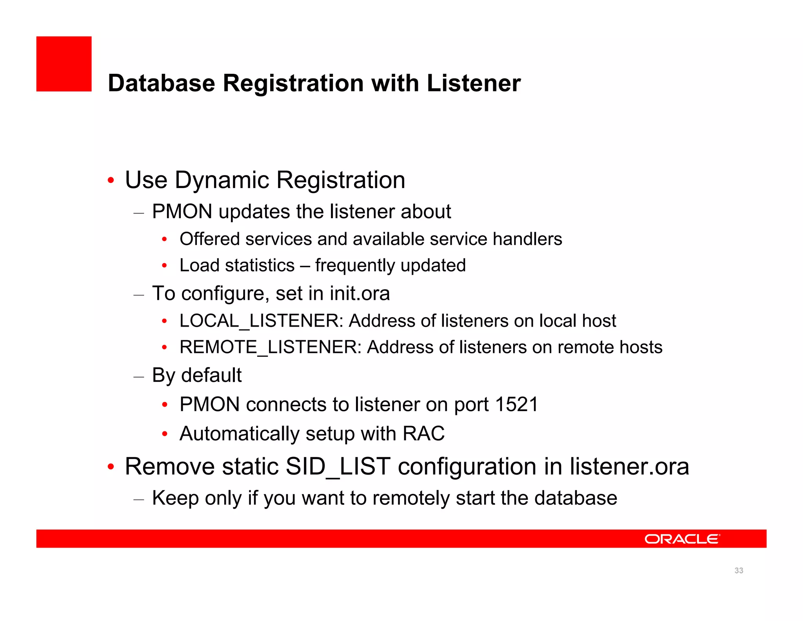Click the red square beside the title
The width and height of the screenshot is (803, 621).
(x=64, y=64)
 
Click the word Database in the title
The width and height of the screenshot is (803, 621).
(x=162, y=83)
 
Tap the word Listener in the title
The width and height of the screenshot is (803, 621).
(x=474, y=83)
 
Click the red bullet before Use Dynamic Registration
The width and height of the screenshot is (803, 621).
(x=111, y=181)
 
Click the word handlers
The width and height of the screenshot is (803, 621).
(x=527, y=239)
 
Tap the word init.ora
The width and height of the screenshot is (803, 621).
(x=360, y=294)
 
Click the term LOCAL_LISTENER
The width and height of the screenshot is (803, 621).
(x=259, y=321)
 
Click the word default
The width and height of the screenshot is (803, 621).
(x=211, y=375)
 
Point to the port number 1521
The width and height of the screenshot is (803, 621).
(x=516, y=405)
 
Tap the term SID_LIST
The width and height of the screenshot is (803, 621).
(x=338, y=467)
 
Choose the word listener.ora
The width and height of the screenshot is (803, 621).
(x=629, y=467)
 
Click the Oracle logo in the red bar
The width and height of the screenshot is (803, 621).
(x=682, y=539)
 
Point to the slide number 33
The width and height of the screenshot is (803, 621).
(x=739, y=571)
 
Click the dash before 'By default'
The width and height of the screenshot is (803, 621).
(x=139, y=377)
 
